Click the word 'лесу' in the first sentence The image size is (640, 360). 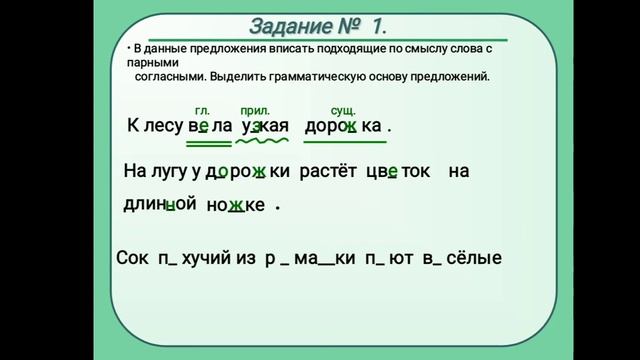click(x=163, y=127)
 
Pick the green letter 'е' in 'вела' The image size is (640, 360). click(x=204, y=127)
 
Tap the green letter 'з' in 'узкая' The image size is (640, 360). click(x=256, y=127)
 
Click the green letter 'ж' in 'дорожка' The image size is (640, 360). click(x=351, y=127)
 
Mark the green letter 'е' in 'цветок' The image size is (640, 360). click(x=393, y=171)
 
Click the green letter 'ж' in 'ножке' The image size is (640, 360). click(x=236, y=205)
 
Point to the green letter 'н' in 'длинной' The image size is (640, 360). click(x=171, y=204)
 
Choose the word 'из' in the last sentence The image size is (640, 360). click(x=245, y=258)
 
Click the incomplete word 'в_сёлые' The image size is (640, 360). click(x=462, y=258)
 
